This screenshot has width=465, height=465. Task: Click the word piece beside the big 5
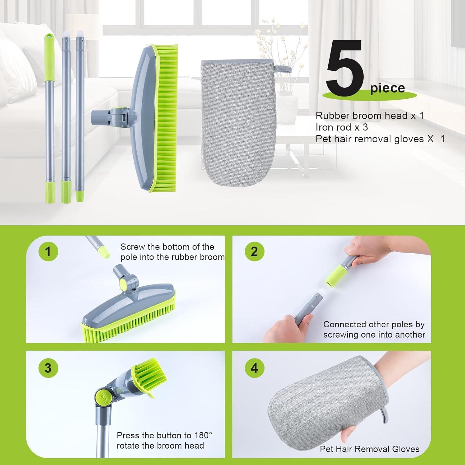pyautogui.click(x=387, y=88)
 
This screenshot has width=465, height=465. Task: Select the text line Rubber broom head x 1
pyautogui.click(x=370, y=116)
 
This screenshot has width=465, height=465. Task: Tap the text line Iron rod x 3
pyautogui.click(x=342, y=127)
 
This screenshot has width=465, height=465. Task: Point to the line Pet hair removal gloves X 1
pyautogui.click(x=380, y=139)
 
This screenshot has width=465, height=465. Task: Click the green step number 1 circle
pyautogui.click(x=48, y=251)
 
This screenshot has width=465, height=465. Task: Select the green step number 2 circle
pyautogui.click(x=254, y=251)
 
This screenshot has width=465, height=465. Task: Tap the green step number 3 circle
pyautogui.click(x=48, y=368)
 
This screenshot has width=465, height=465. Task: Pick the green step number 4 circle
pyautogui.click(x=254, y=368)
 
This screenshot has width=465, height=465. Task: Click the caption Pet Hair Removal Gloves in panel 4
pyautogui.click(x=370, y=449)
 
